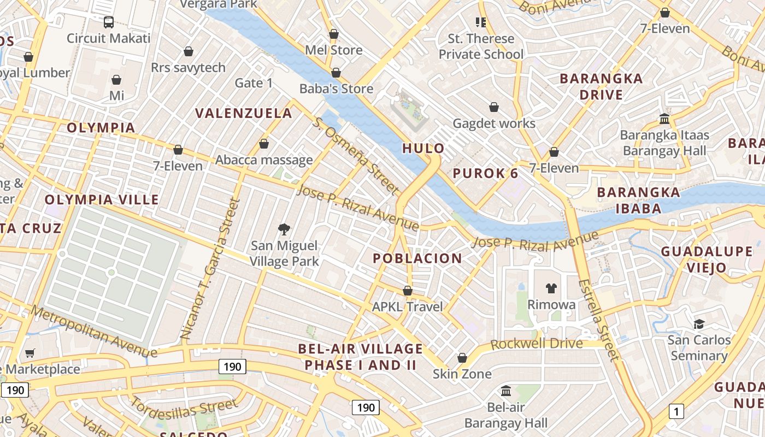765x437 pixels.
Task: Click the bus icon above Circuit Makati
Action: (108, 22)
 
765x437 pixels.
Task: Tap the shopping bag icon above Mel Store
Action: (334, 34)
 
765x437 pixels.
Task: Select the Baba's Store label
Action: (336, 88)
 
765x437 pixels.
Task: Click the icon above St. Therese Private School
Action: (481, 22)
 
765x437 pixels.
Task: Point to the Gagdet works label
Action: (494, 123)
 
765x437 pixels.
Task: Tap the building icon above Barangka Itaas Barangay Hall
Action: (664, 119)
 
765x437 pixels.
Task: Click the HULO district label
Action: (423, 148)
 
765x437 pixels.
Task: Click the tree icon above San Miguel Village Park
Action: (284, 229)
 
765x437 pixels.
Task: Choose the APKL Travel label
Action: (407, 306)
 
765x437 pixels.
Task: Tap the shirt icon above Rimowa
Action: (551, 288)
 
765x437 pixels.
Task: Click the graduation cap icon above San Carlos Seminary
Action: (699, 324)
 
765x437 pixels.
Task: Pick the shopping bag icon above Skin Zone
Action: (462, 358)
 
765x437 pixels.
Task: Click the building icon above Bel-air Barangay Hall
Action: (506, 391)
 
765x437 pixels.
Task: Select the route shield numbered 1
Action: (676, 411)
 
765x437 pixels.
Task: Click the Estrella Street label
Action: (599, 320)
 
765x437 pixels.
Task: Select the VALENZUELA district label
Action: (244, 114)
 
